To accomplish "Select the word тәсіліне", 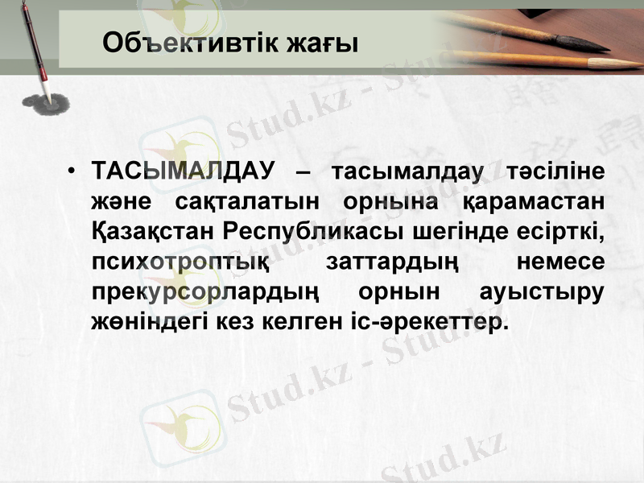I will [x=556, y=171].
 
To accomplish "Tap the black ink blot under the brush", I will [x=45, y=103].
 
